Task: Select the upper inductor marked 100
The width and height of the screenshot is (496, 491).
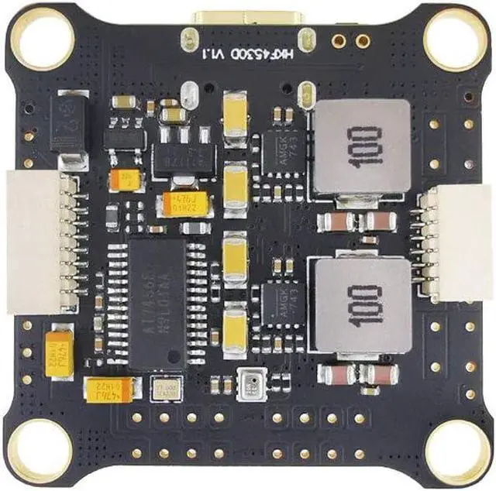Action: tap(360, 147)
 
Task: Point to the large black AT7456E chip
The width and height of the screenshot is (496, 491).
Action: tap(156, 302)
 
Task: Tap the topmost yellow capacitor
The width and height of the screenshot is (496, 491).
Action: tap(235, 114)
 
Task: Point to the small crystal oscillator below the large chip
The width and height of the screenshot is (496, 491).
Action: tap(164, 386)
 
